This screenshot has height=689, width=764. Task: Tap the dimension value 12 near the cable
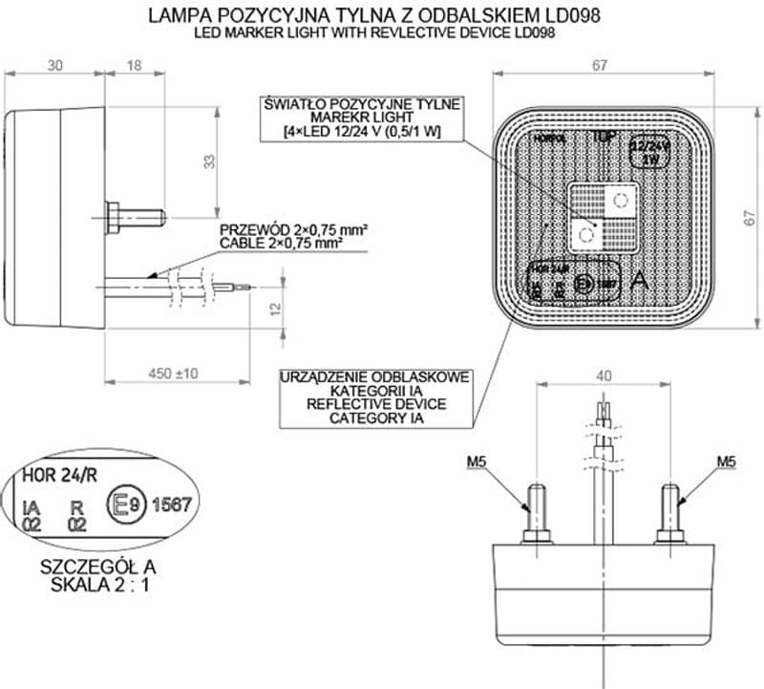274,309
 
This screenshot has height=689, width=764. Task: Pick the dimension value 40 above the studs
604,376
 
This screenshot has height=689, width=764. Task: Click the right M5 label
727,463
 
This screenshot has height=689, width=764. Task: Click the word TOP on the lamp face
603,137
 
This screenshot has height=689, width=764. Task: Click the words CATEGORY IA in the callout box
374,418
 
